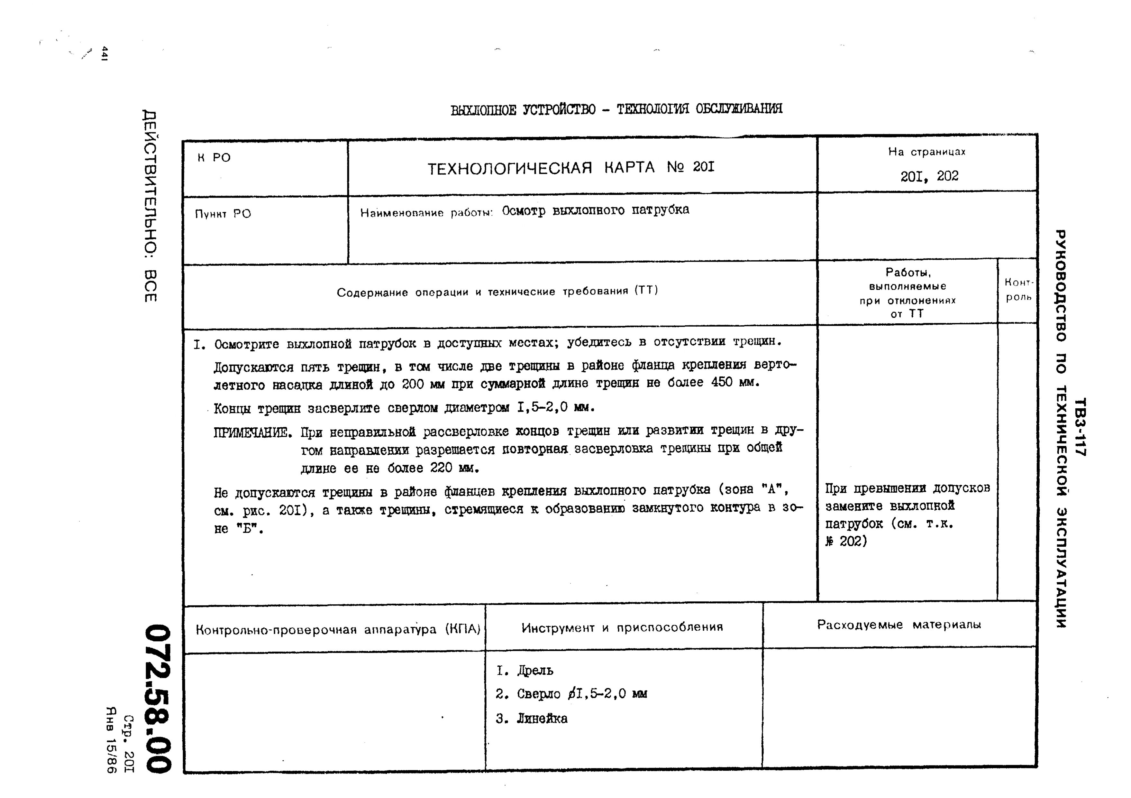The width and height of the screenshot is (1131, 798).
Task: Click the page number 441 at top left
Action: [104, 53]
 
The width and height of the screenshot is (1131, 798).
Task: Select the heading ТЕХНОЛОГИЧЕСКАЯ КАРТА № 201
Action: [570, 168]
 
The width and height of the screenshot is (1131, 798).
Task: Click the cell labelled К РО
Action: [214, 158]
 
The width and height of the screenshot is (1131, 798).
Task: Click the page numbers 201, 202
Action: [929, 176]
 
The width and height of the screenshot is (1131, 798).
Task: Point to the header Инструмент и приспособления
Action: [622, 627]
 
